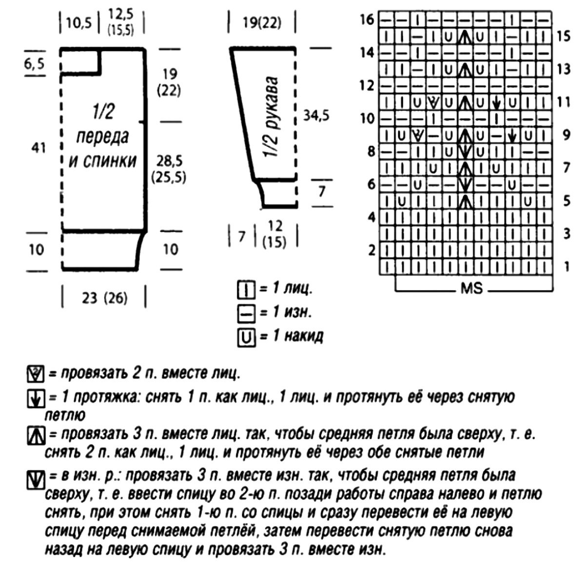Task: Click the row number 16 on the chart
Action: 367,19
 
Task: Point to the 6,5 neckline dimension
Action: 35,63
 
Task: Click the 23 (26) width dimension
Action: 104,297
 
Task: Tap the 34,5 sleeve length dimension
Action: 316,115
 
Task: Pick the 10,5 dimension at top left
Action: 79,23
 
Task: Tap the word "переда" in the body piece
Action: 102,137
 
